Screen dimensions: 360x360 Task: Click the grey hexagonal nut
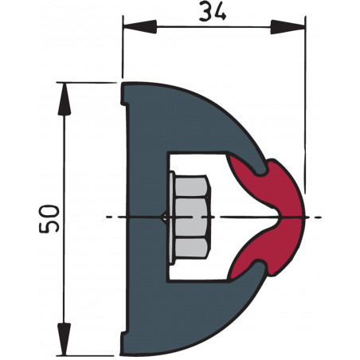(x=191, y=217)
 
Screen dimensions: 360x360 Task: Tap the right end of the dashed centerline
(x=321, y=217)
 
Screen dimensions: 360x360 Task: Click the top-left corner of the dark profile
(x=123, y=82)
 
